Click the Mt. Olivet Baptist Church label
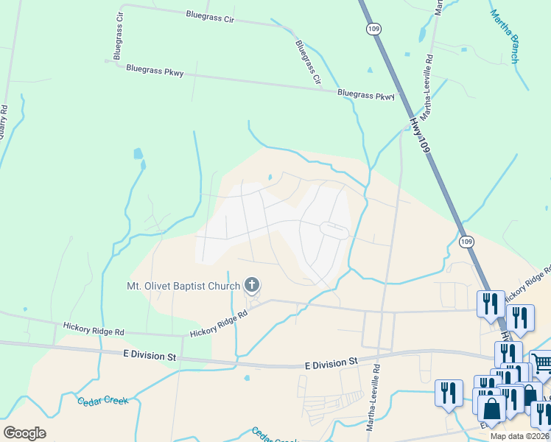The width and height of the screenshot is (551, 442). (x=183, y=286)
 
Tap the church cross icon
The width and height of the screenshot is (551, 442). (x=253, y=285)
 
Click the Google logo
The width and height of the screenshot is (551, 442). (x=25, y=433)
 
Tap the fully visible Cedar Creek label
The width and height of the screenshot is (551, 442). (x=102, y=401)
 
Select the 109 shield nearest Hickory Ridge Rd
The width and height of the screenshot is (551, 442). (x=466, y=242)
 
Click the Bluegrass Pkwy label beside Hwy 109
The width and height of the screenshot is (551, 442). (x=366, y=95)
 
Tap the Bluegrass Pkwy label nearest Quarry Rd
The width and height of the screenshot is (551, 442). (x=155, y=71)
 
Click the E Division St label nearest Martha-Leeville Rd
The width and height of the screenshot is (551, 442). (x=331, y=362)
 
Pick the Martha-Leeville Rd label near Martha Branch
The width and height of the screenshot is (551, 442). (x=429, y=82)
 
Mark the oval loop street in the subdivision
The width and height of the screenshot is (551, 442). (x=334, y=231)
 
